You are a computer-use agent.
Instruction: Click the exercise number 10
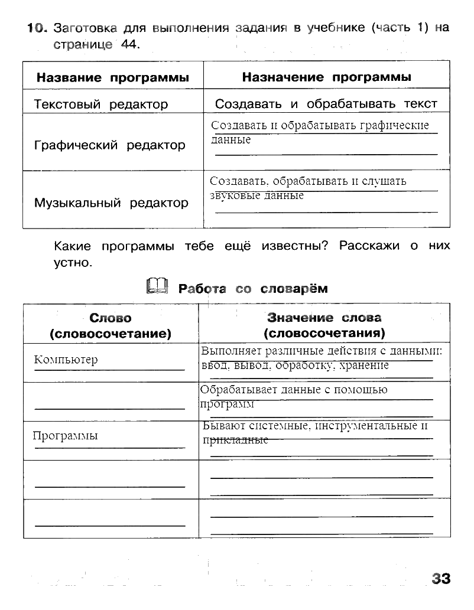click(x=35, y=28)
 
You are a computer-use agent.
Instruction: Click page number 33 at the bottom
click(x=441, y=579)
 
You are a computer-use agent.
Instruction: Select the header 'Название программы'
click(x=113, y=77)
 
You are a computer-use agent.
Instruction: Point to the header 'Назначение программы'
click(x=327, y=77)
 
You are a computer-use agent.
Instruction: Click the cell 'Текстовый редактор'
click(x=101, y=105)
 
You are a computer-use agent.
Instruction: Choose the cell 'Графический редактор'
click(x=109, y=145)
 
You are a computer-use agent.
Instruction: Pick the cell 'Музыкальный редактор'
click(x=111, y=203)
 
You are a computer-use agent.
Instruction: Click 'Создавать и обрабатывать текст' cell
click(x=326, y=104)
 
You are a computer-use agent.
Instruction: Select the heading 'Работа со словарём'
click(x=253, y=289)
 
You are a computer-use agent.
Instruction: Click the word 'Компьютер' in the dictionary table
click(x=66, y=360)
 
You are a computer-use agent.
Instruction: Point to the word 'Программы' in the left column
click(x=65, y=436)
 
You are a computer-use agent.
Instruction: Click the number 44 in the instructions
click(x=129, y=44)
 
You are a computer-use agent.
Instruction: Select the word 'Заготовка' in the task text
click(x=86, y=28)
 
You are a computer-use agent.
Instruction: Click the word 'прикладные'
click(x=235, y=441)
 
